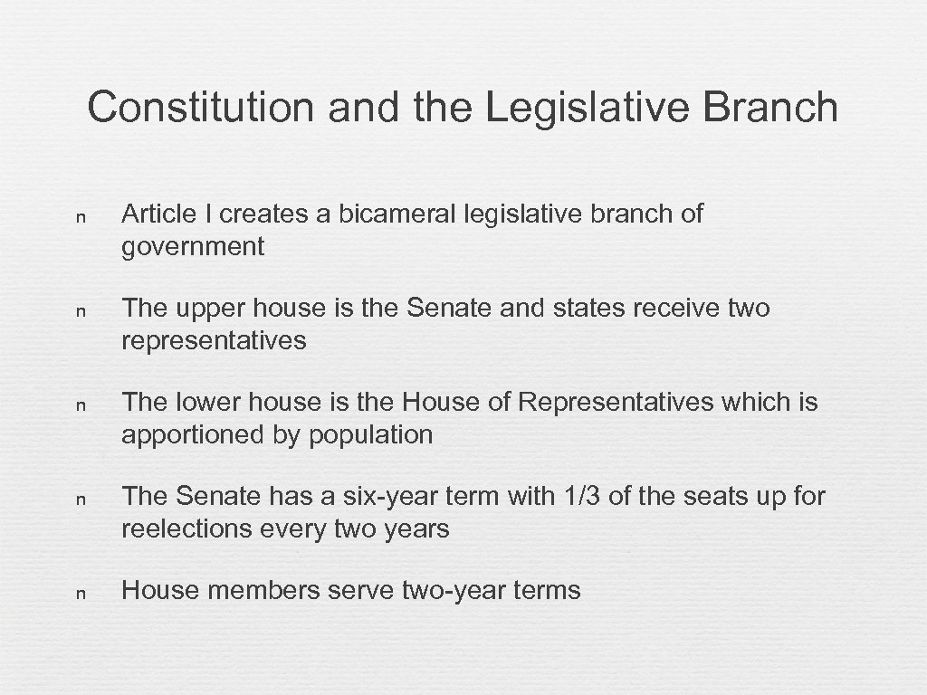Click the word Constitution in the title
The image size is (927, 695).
[201, 108]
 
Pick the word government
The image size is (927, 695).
[193, 246]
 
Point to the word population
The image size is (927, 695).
[371, 434]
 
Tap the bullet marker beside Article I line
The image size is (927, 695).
[81, 217]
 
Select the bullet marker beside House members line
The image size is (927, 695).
[81, 594]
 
